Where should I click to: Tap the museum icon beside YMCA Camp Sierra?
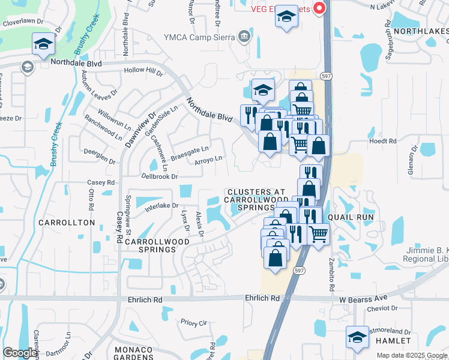click(x=244, y=37)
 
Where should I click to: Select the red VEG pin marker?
click(x=319, y=8)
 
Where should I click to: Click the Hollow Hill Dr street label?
click(x=143, y=71)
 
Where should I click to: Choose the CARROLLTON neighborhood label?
click(x=67, y=223)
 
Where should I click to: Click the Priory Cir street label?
click(x=193, y=323)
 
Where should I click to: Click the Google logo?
click(x=20, y=353)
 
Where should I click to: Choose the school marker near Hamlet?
click(x=357, y=337)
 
